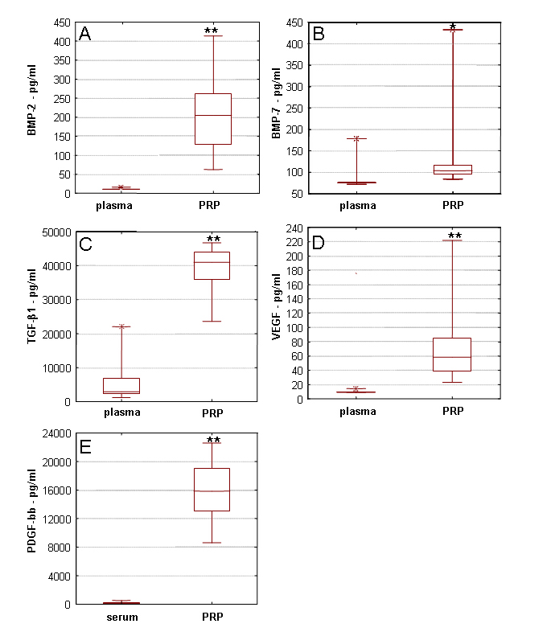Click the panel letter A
click(84, 34)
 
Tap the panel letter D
click(319, 243)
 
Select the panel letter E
click(84, 447)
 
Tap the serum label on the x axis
click(121, 618)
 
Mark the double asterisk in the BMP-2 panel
click(212, 31)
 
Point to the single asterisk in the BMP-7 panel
click(453, 27)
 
